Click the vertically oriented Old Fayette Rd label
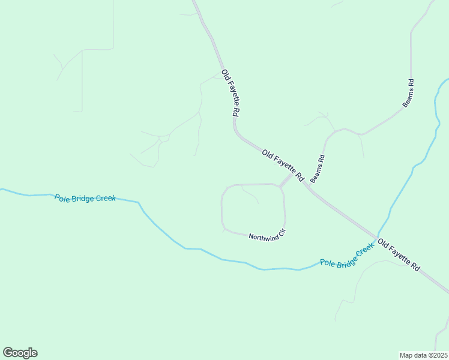click(x=231, y=94)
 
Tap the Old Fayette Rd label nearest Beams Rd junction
click(x=283, y=166)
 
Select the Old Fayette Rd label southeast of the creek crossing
click(x=399, y=256)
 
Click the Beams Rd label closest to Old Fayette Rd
click(x=318, y=169)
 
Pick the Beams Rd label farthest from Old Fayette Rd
click(x=408, y=94)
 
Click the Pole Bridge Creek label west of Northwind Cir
click(x=85, y=198)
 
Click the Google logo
click(x=20, y=353)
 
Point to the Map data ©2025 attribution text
click(x=424, y=355)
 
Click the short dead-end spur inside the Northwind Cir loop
click(x=250, y=195)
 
